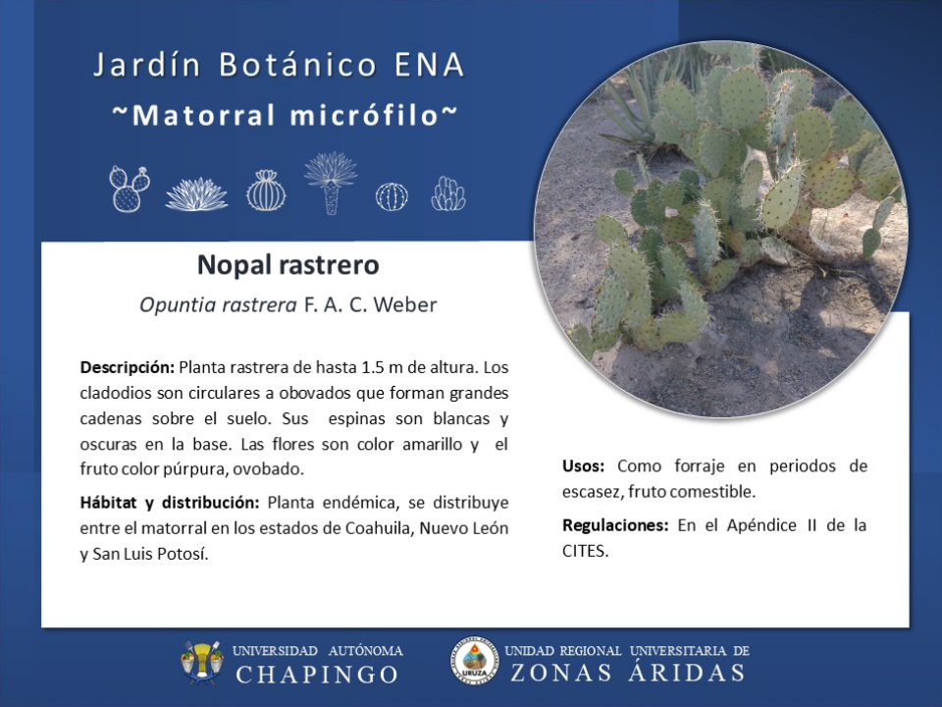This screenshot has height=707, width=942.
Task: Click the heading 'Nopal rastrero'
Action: [x=288, y=265]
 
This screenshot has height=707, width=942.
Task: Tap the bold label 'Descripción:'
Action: [x=128, y=367]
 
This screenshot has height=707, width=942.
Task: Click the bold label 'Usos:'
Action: [x=583, y=465]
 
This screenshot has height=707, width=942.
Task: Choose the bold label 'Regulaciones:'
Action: [x=615, y=525]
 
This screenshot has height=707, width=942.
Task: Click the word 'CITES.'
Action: [x=585, y=551]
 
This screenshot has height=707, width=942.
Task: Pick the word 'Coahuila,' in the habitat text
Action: [x=379, y=528]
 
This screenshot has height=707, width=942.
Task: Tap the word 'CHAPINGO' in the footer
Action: [x=317, y=675]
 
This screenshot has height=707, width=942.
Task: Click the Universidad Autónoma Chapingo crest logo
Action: [x=202, y=663]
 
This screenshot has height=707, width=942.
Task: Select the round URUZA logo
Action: [x=475, y=661]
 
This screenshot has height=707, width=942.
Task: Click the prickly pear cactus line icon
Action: [x=129, y=189]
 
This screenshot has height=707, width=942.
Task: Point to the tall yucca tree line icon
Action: [x=331, y=183]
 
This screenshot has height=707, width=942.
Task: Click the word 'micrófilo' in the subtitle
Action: [x=364, y=115]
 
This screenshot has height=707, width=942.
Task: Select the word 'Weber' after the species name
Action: [x=405, y=304]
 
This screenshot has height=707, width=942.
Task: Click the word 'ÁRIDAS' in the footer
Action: [x=686, y=672]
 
